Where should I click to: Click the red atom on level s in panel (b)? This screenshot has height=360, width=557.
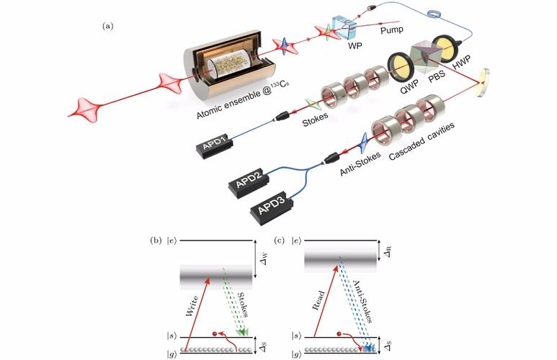pos(215,334)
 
